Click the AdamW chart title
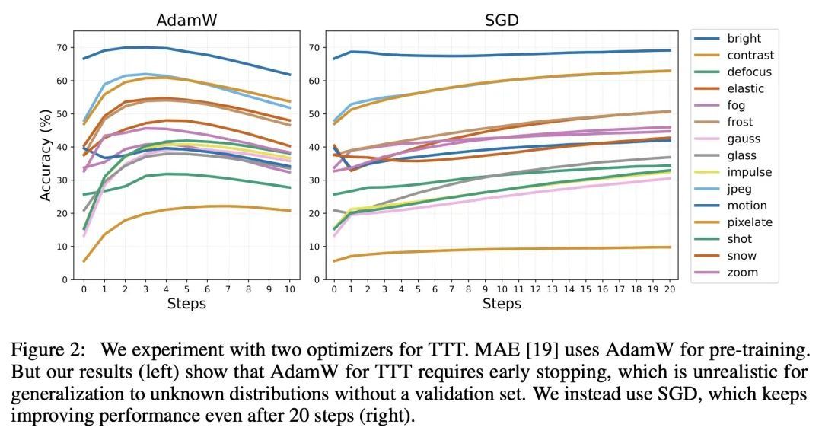(186, 21)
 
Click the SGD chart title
(502, 21)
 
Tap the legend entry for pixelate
(750, 222)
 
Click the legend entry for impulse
(749, 172)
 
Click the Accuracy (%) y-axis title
(46, 155)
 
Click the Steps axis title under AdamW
(186, 304)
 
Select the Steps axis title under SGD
(502, 304)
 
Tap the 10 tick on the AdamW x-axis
(288, 290)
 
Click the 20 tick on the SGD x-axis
(670, 290)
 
